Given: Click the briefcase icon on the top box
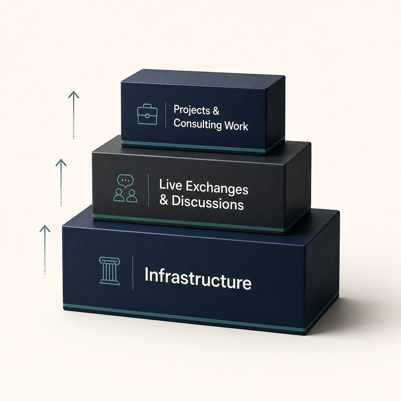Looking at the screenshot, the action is click(147, 115).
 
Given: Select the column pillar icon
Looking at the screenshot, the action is click(109, 271).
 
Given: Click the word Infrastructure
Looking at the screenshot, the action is click(198, 279).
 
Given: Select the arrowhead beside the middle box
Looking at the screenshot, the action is click(61, 162).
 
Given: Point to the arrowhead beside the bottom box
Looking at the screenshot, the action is click(45, 229).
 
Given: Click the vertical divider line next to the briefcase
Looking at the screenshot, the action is click(166, 115).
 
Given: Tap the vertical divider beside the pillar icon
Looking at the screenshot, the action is click(133, 272).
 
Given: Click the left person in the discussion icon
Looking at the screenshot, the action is click(119, 196).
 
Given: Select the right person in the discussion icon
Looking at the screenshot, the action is click(132, 196).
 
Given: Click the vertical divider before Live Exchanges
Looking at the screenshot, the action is click(148, 190).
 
